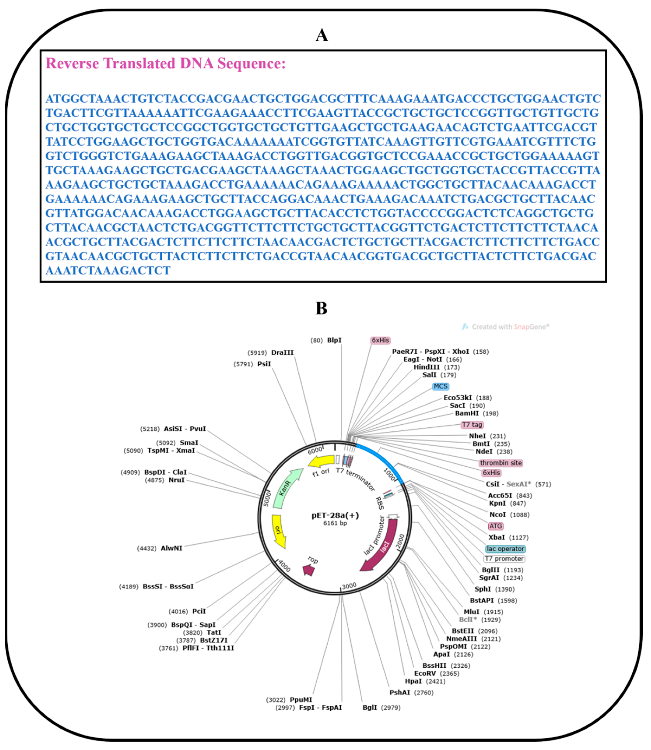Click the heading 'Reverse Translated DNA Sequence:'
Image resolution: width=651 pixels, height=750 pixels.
click(166, 64)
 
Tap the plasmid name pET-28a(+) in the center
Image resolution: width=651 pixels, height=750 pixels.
click(335, 515)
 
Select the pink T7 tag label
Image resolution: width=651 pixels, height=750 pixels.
click(472, 425)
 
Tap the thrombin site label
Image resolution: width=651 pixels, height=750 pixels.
click(501, 463)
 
